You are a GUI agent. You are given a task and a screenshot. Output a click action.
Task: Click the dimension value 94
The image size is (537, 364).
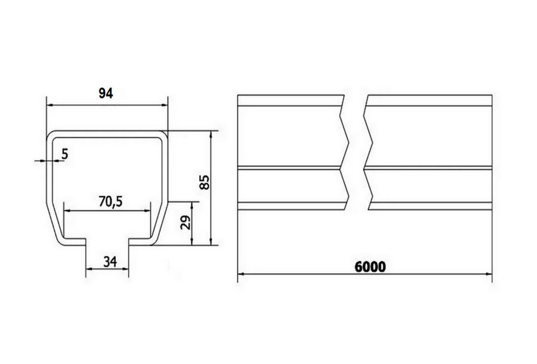tap(106, 92)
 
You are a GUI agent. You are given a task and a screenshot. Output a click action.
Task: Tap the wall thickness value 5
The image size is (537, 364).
tap(64, 153)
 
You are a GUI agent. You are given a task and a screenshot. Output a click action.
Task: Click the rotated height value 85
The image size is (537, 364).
tap(204, 182)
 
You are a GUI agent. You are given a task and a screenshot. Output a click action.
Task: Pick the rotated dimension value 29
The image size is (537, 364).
tap(184, 224)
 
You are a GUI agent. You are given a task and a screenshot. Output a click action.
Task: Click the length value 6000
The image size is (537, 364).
tap(369, 266)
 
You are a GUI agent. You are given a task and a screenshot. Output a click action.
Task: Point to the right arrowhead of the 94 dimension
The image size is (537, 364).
tap(165, 105)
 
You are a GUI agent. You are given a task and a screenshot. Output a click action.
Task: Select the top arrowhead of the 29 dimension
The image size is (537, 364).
tap(191, 202)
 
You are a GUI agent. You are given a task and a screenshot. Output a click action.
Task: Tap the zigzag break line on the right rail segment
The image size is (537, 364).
tap(367, 152)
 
